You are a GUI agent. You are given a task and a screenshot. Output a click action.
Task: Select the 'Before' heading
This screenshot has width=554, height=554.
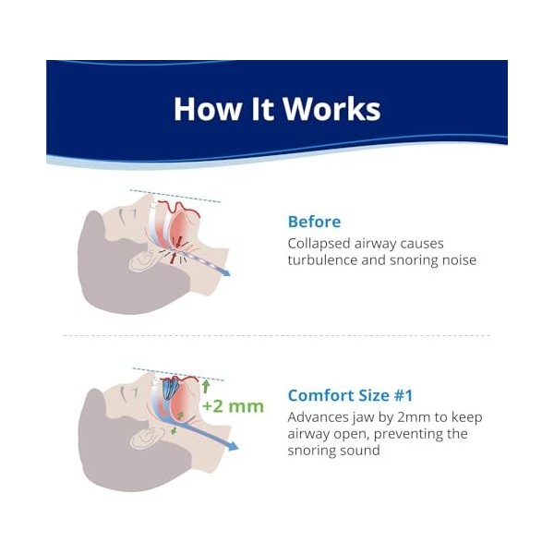coord(314,222)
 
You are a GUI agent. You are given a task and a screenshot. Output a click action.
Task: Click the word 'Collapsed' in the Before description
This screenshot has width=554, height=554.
coord(322,244)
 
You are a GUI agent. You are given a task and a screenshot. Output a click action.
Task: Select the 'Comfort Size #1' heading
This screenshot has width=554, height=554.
coord(350,395)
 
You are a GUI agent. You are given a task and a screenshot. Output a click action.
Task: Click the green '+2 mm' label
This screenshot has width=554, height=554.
coord(233,406)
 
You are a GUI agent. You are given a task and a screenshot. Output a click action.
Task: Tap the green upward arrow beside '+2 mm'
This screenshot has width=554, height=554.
coord(205,386)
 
